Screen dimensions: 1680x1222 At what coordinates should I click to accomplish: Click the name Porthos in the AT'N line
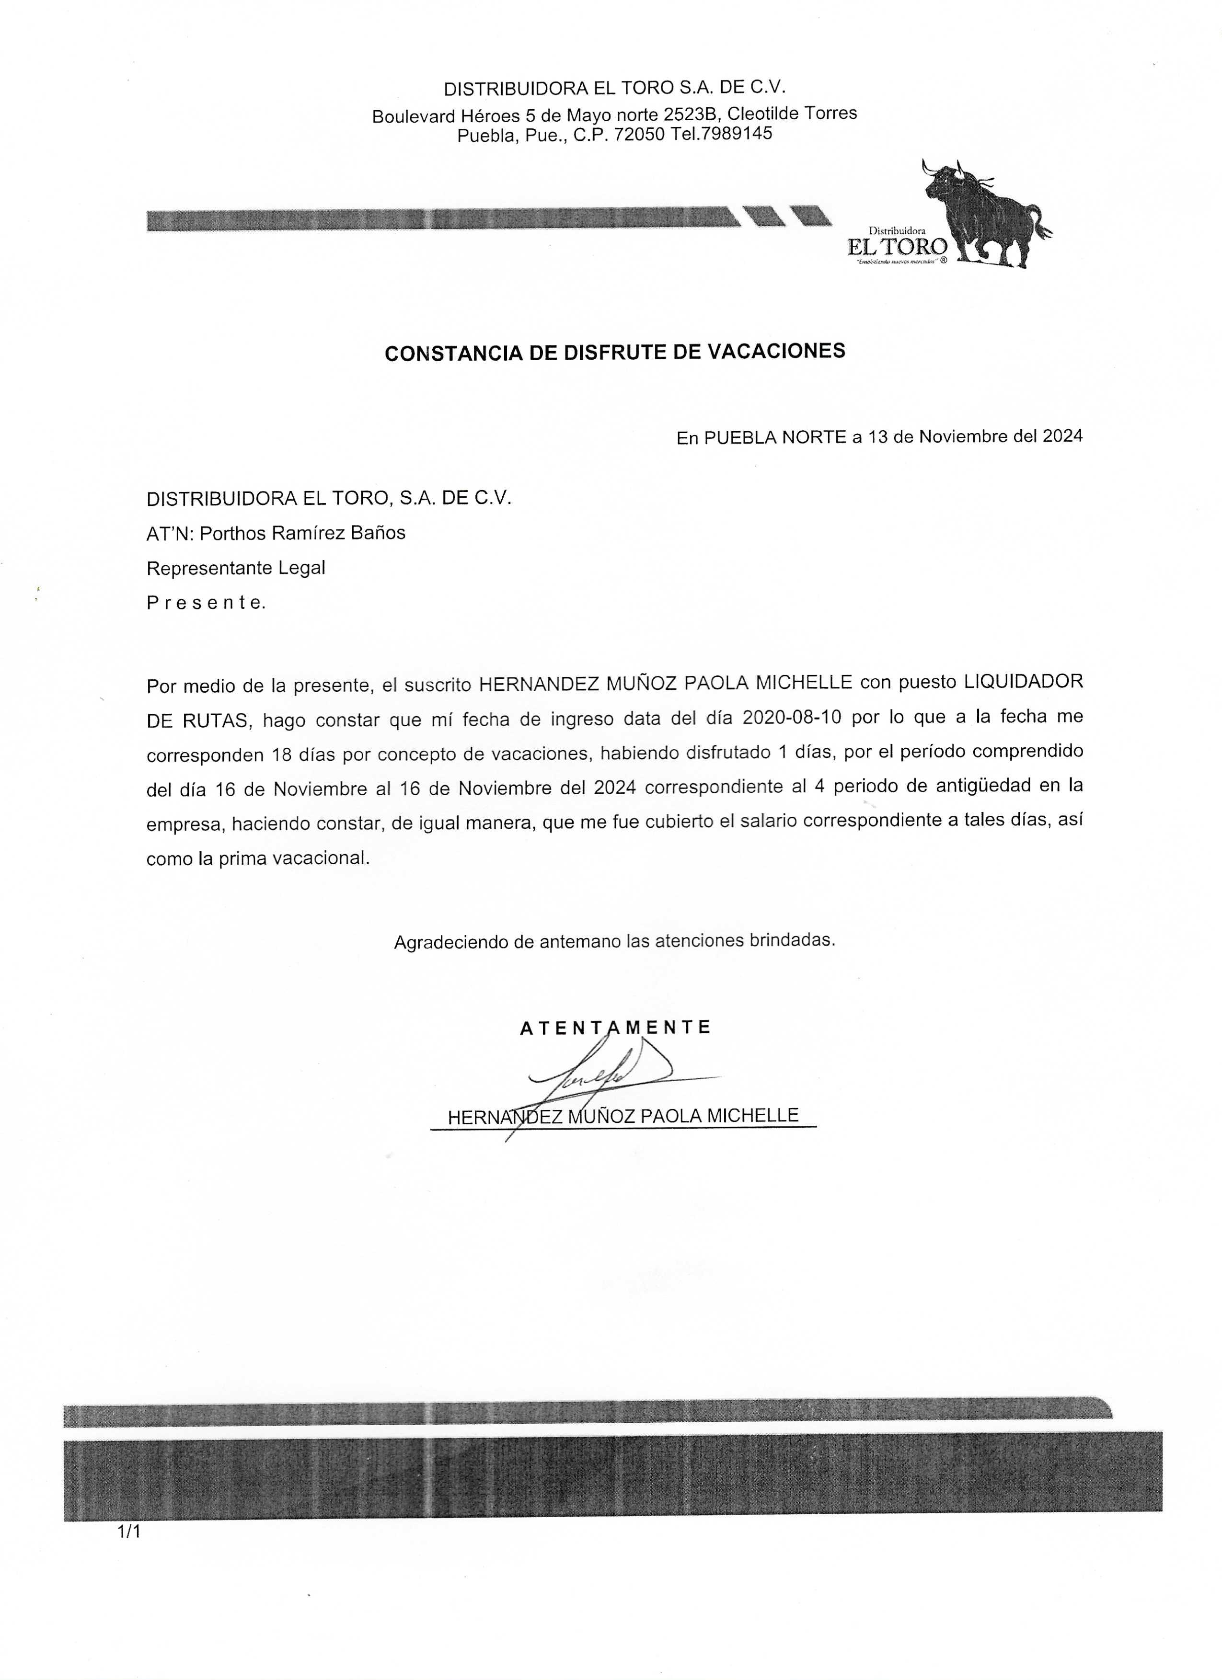click(228, 533)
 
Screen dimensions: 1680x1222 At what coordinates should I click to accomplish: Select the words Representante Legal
click(236, 568)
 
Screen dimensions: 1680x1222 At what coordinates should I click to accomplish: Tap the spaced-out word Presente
click(205, 603)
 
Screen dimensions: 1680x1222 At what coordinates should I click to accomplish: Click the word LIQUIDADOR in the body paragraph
click(1023, 682)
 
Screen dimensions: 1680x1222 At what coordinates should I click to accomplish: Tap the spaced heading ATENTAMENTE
click(615, 1028)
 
